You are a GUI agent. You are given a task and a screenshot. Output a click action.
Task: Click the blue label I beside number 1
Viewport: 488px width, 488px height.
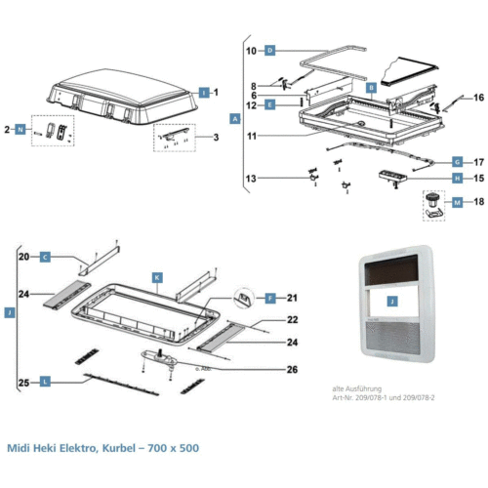point(203,91)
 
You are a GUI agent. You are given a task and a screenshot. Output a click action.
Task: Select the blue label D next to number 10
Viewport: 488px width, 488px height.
point(270,49)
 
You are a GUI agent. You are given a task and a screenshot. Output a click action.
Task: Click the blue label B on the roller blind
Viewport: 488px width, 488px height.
point(371,87)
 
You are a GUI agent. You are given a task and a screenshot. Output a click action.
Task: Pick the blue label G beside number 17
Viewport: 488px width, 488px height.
point(457,161)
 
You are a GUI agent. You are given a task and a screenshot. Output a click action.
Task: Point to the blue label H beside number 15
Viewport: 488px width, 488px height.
point(457,179)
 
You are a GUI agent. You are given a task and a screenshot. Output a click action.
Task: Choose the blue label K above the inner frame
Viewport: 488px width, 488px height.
point(155,277)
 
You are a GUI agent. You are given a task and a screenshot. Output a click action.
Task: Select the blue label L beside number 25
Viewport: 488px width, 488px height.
point(45,383)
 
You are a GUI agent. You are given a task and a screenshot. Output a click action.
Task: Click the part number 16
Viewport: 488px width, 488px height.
point(478,98)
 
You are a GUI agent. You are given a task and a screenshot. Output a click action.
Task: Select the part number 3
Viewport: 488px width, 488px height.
point(216,138)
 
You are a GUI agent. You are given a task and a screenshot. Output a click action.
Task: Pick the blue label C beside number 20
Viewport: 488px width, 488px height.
point(45,257)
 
